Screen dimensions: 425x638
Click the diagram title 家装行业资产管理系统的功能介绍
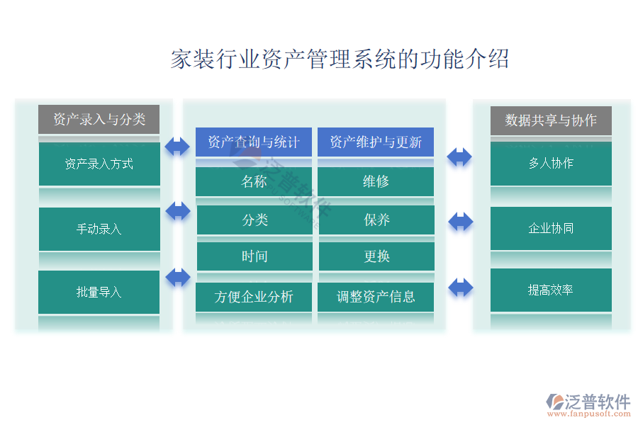(x=340, y=58)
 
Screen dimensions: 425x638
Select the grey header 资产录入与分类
(x=99, y=120)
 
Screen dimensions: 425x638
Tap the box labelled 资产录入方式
(x=99, y=164)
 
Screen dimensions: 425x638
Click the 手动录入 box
(x=99, y=229)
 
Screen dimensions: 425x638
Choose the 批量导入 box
(x=99, y=292)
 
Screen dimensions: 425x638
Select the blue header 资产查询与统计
(x=254, y=142)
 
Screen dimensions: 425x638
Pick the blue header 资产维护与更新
(x=376, y=142)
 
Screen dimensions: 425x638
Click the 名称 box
(x=254, y=181)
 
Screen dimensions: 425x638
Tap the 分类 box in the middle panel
(x=254, y=220)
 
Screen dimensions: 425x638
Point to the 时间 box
(x=254, y=256)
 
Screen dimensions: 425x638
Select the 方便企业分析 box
(x=254, y=297)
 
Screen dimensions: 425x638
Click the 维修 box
(x=376, y=181)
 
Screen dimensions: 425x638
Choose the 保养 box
(x=376, y=220)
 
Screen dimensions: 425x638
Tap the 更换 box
(x=376, y=256)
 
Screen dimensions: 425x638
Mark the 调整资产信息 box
(x=376, y=297)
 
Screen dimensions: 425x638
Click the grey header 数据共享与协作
(x=551, y=120)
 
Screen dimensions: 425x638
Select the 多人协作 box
(x=551, y=164)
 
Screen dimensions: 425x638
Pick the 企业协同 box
(x=551, y=228)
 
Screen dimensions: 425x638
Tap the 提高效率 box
(x=551, y=290)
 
